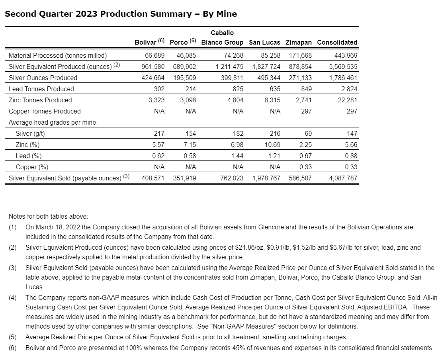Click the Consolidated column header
(337, 42)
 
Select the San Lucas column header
(264, 42)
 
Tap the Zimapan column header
(299, 42)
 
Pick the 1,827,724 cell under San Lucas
(266, 67)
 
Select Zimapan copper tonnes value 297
(306, 111)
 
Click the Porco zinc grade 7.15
(188, 145)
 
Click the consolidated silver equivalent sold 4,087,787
(343, 178)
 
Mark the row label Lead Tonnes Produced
(41, 89)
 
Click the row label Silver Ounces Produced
(43, 78)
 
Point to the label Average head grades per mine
(53, 122)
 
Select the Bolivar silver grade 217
(159, 133)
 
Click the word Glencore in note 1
(270, 227)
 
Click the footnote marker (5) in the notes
(13, 337)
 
